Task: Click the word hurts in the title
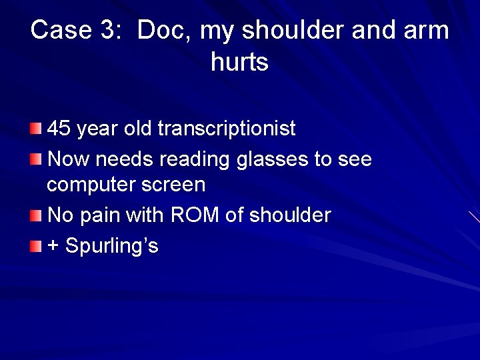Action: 239,63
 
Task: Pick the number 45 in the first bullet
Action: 59,128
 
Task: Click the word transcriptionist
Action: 227,128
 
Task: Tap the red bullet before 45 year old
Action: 36,127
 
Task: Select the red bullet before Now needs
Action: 36,159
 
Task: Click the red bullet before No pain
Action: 36,215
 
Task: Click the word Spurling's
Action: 112,247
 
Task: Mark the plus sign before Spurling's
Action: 53,247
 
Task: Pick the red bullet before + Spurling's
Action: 36,246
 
